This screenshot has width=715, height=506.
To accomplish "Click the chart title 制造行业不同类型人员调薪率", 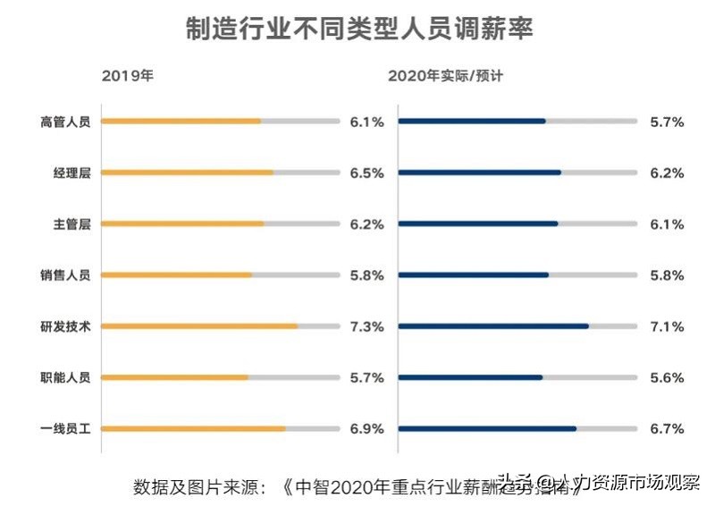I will point(358,29).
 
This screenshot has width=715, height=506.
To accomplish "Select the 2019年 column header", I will point(127,76).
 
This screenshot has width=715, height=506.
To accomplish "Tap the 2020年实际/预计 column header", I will point(445,76).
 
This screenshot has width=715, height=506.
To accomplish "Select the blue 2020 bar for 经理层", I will point(479,173).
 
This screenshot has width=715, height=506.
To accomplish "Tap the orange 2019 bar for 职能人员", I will point(174,377).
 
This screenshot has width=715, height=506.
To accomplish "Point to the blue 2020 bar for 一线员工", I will point(487,429).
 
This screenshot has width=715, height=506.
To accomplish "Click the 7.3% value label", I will point(366,326).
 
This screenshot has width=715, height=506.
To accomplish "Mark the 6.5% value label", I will point(366,173).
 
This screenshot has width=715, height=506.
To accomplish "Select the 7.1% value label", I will point(667,326).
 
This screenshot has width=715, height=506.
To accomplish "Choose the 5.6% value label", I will point(667,377).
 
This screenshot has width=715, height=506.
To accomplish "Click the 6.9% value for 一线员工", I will point(366,429).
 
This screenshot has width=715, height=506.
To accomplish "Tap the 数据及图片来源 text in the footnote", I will point(197,486).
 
